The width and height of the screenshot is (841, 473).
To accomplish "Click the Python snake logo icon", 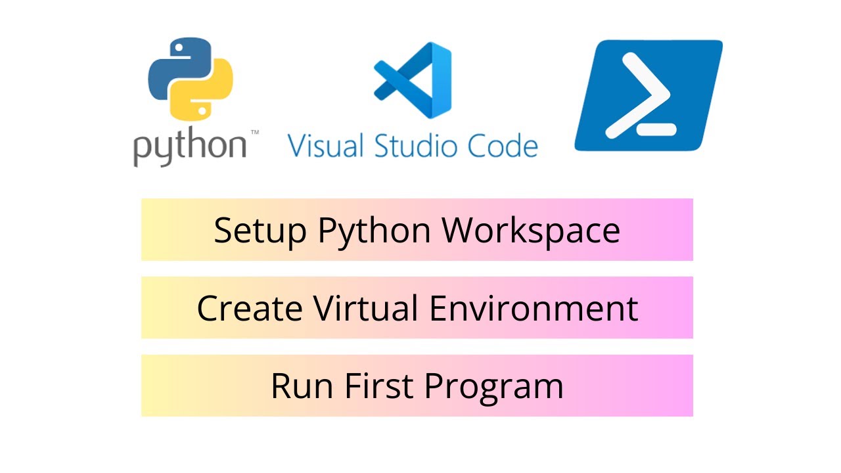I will pyautogui.click(x=191, y=79).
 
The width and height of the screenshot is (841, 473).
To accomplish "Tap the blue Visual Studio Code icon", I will pyautogui.click(x=413, y=80).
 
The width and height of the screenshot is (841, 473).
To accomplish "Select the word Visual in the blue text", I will pyautogui.click(x=326, y=145).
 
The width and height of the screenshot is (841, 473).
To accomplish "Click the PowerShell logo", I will pyautogui.click(x=648, y=96).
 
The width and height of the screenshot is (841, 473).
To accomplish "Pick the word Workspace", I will pyautogui.click(x=531, y=230).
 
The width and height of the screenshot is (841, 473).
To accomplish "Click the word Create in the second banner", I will pyautogui.click(x=250, y=308).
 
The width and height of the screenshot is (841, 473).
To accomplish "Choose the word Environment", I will pyautogui.click(x=534, y=308).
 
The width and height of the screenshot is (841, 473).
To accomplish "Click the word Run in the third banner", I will pyautogui.click(x=300, y=386).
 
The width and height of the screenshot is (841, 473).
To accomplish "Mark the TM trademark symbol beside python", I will pyautogui.click(x=254, y=133).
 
